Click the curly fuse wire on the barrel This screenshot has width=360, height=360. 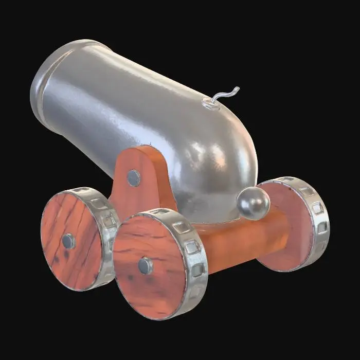pos(226,95)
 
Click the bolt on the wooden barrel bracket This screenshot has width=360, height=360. pos(134,178)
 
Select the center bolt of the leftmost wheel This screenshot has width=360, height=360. pos(68,241)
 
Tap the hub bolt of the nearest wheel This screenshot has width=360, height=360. pos(146,265)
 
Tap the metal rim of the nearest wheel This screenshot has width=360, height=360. pos(193,267)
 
